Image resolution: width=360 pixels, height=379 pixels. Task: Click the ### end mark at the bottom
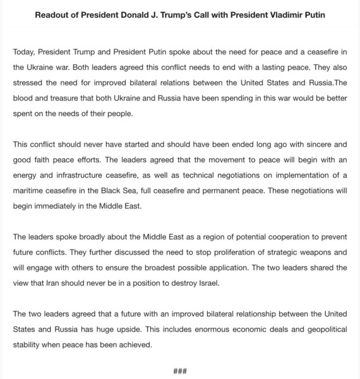click(x=179, y=371)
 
